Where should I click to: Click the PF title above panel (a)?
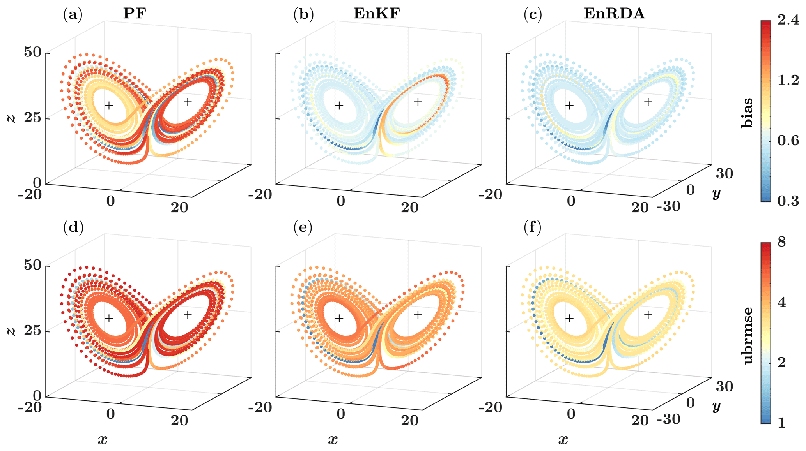135,14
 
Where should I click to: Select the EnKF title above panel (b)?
376,14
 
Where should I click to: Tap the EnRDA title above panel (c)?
614,14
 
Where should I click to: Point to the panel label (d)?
73,227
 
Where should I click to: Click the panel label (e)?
303,227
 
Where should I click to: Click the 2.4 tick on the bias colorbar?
788,21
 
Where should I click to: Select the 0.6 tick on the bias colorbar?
788,141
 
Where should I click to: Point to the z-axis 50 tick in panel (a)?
32,52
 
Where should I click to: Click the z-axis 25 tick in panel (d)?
32,331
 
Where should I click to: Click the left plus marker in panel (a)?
109,105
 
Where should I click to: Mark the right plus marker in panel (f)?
648,314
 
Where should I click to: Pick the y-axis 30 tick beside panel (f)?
725,386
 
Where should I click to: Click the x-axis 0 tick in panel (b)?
341,201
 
